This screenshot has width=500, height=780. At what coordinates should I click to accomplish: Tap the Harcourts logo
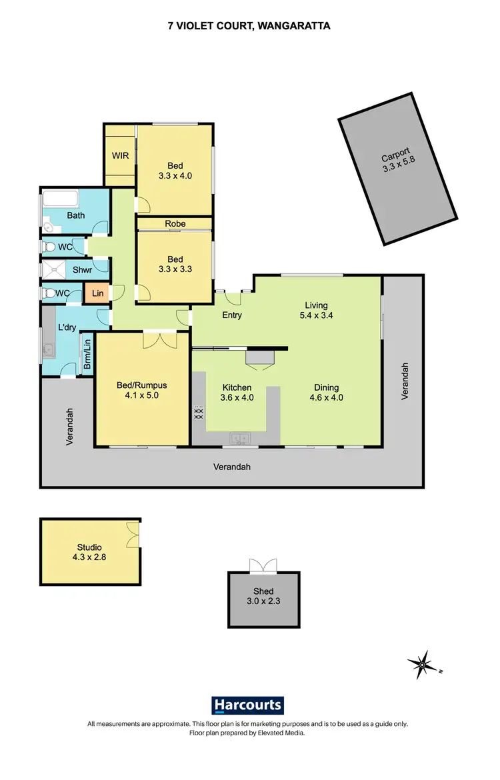(x=248, y=705)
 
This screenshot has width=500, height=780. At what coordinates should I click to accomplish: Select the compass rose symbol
(x=423, y=663)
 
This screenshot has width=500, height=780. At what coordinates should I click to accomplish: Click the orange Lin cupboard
(x=97, y=293)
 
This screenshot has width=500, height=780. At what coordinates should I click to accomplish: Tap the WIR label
(x=120, y=155)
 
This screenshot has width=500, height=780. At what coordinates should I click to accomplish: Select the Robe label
(x=175, y=224)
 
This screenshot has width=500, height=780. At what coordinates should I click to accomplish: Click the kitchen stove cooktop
(x=198, y=413)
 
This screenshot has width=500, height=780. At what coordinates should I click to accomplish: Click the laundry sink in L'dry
(x=49, y=349)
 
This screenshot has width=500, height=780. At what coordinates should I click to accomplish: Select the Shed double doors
(x=263, y=566)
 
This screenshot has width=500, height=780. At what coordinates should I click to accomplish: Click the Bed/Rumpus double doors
(x=161, y=339)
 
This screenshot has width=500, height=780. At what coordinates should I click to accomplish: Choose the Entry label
(x=231, y=315)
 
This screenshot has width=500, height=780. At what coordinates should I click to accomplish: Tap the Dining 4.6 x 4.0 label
(x=326, y=393)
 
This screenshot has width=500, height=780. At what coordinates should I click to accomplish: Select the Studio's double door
(x=133, y=534)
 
